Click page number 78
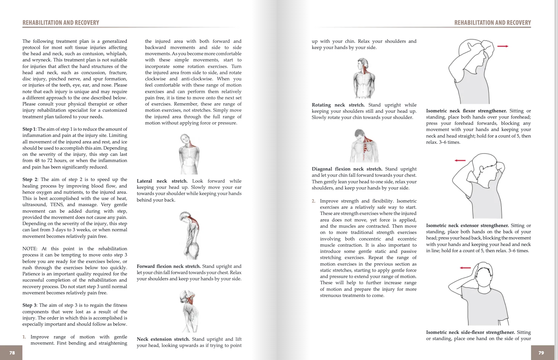[12, 353]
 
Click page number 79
[541, 353]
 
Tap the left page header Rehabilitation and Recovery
[61, 23]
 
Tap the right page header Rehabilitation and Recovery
[492, 23]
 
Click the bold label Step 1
[29, 129]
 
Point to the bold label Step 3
[29, 305]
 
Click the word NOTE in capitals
[30, 249]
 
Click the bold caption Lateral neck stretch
[162, 181]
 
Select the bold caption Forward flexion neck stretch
[169, 266]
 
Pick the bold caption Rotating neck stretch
[338, 105]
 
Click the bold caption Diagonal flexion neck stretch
[347, 169]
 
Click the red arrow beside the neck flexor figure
[502, 46]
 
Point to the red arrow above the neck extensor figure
[460, 160]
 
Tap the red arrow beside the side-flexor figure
[465, 268]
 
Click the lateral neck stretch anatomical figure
[189, 154]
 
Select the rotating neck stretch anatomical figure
[364, 78]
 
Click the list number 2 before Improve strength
[314, 201]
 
